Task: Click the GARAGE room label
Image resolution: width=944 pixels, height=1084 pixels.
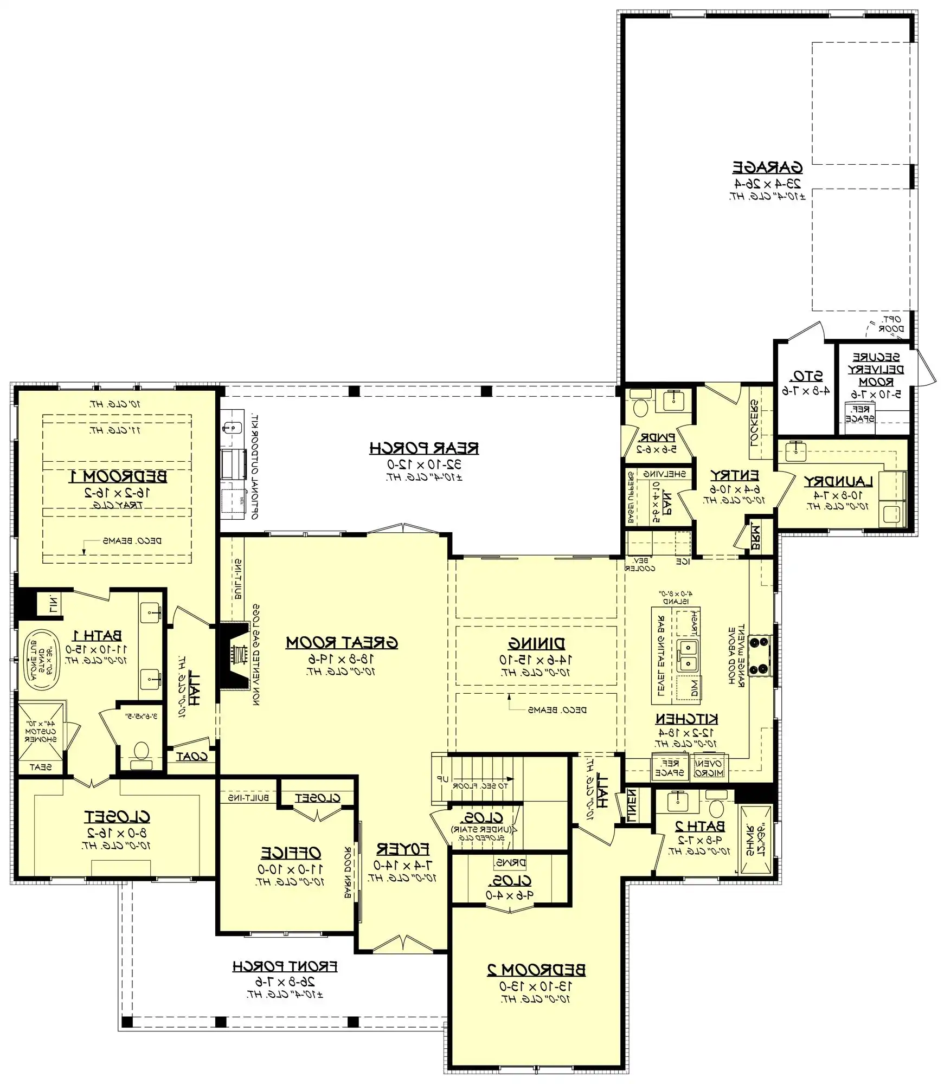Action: pos(767,167)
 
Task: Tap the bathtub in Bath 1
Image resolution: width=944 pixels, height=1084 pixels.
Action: pos(38,659)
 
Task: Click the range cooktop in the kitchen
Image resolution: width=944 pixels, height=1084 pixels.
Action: pos(759,656)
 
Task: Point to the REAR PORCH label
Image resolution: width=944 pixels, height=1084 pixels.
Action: pos(424,448)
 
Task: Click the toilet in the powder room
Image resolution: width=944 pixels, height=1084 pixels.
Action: pos(640,407)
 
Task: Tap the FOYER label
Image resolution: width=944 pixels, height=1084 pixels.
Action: pos(402,849)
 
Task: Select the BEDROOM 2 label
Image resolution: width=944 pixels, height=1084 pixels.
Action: pos(536,970)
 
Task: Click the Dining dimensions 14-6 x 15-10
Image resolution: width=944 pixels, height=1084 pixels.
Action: pos(536,660)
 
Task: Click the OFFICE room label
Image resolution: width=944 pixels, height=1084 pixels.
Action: pos(291,853)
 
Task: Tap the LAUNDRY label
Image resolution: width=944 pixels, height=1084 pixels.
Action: pos(838,481)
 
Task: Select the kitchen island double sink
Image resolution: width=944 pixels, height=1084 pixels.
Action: pos(688,655)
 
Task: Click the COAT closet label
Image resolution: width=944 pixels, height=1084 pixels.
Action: pos(191,757)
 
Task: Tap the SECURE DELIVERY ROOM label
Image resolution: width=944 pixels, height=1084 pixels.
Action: pos(876,370)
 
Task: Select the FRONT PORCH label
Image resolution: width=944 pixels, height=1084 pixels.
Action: pos(285,966)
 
